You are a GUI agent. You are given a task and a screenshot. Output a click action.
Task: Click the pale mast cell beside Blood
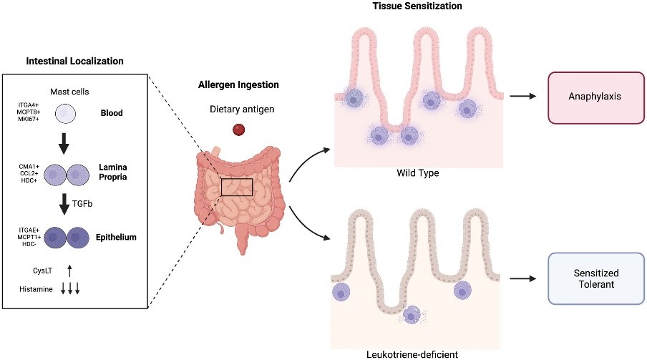point(65,114)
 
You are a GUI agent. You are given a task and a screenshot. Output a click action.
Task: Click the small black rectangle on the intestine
point(237,187)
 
